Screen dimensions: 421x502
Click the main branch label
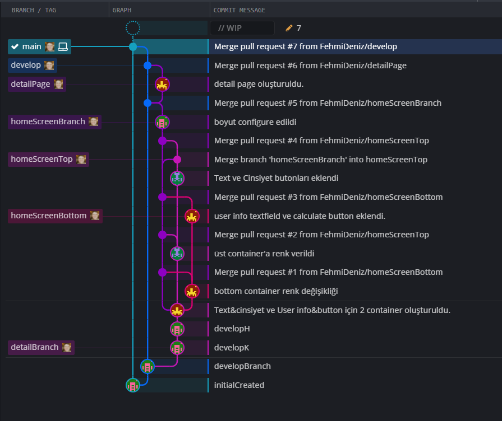point(31,47)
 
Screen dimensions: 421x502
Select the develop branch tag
point(26,66)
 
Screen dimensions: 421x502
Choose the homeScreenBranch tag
point(48,121)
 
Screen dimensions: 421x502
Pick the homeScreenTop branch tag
point(42,160)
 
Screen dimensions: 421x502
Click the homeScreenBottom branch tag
point(48,216)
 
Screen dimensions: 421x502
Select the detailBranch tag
point(34,347)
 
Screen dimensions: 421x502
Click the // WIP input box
point(242,28)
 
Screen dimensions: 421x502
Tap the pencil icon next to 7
point(289,28)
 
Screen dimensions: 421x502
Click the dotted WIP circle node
point(133,28)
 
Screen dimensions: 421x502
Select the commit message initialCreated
point(239,385)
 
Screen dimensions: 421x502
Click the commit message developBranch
point(242,366)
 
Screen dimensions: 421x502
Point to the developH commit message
point(232,329)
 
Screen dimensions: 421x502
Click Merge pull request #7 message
point(306,47)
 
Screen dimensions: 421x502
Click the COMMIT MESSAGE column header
point(240,10)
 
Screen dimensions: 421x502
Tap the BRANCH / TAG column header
point(34,10)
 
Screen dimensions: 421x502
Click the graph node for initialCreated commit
point(133,385)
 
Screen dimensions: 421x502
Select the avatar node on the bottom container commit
point(192,291)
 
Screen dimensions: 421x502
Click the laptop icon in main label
point(63,47)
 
